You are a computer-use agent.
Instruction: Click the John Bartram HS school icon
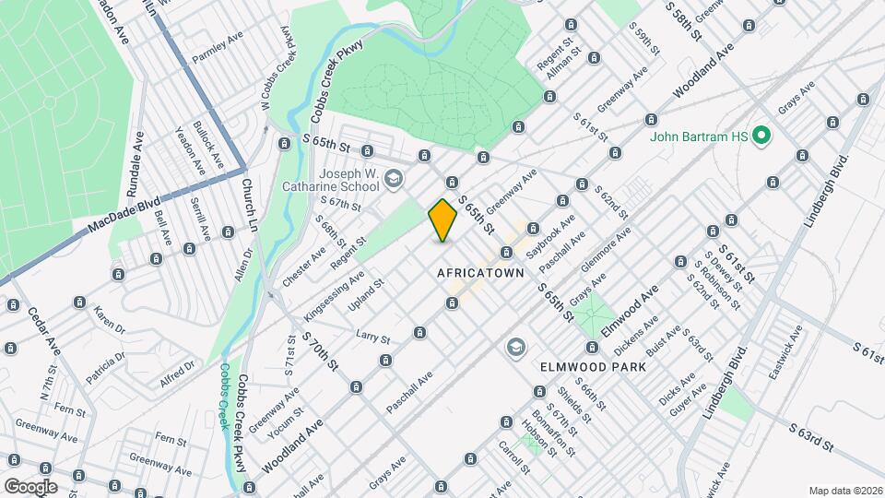click(761, 137)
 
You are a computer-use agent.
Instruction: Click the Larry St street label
click(372, 336)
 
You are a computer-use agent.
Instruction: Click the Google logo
click(30, 486)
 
